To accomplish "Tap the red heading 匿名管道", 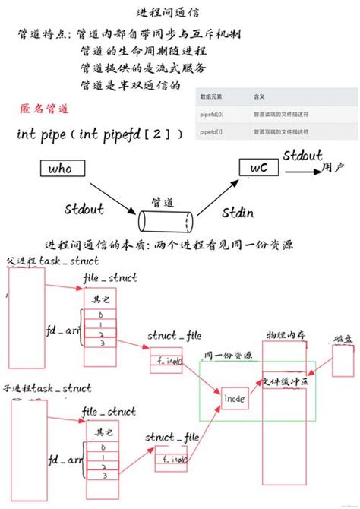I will (43, 108).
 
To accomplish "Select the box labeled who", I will (62, 169).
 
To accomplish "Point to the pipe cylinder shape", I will (166, 220).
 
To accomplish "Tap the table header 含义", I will (258, 98).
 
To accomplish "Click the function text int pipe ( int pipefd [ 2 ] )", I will (99, 134).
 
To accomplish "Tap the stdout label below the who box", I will (84, 207).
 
